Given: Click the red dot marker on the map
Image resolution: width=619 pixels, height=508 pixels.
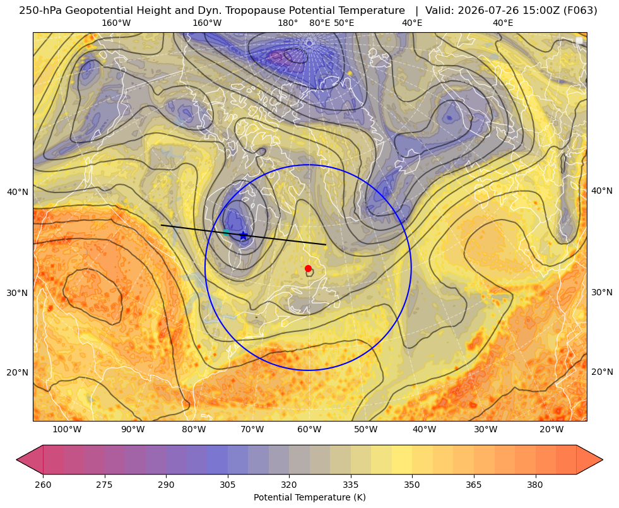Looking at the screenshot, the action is (x=308, y=268).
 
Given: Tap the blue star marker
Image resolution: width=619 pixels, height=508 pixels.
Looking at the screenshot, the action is (x=243, y=235).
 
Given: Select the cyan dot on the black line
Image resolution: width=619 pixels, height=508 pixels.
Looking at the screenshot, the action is (x=226, y=232).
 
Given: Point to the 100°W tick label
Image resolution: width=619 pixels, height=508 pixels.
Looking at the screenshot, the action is (x=67, y=430).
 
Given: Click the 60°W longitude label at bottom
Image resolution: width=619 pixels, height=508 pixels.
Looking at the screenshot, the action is (x=309, y=430).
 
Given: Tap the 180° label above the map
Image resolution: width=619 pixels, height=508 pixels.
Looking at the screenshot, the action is (x=288, y=23).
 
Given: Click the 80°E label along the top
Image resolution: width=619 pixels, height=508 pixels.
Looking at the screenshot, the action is (x=319, y=23).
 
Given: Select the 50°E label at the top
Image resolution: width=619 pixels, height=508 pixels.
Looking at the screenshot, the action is (x=344, y=23).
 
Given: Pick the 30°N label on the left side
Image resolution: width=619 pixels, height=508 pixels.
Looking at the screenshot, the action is (x=18, y=293).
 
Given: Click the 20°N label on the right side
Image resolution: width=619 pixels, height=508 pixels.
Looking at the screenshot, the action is (x=602, y=372).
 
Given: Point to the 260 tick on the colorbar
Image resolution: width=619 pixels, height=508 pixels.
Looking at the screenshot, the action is (x=43, y=484).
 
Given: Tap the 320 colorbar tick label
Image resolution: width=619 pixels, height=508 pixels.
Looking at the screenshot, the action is (x=289, y=484).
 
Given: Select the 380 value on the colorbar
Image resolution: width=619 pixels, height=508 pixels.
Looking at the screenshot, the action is (x=535, y=484).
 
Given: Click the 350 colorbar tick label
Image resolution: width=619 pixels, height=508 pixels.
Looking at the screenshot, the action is (x=412, y=484).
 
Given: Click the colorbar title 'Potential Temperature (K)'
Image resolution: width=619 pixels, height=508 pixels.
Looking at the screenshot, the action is (x=309, y=497).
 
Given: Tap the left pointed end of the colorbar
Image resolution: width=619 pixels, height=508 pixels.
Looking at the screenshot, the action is (x=16, y=459).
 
